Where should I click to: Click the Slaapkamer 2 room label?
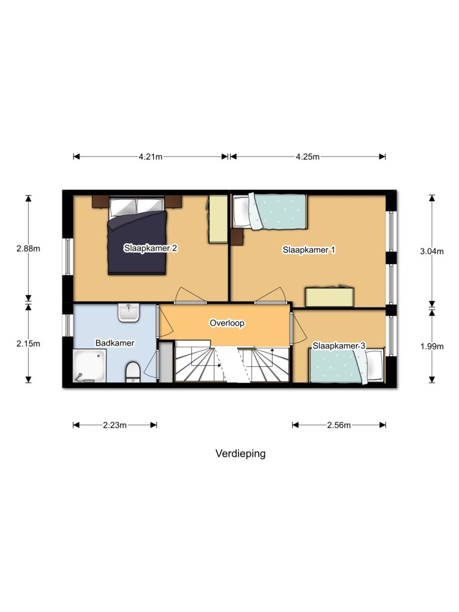151,248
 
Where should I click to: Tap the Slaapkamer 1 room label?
308,250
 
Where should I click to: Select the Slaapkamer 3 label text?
339,346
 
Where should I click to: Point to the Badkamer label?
115,343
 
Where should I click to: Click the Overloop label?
227,323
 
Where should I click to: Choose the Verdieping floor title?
240,454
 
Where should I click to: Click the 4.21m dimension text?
150,157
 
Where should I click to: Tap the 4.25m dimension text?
308,157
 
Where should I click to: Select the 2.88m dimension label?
28,249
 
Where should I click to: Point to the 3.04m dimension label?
432,252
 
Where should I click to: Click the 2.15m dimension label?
28,344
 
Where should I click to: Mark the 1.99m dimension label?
432,346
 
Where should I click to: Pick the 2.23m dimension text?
115,426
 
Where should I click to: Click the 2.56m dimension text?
339,426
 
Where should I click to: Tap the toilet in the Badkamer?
133,372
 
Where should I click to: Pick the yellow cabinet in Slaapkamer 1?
329,297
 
